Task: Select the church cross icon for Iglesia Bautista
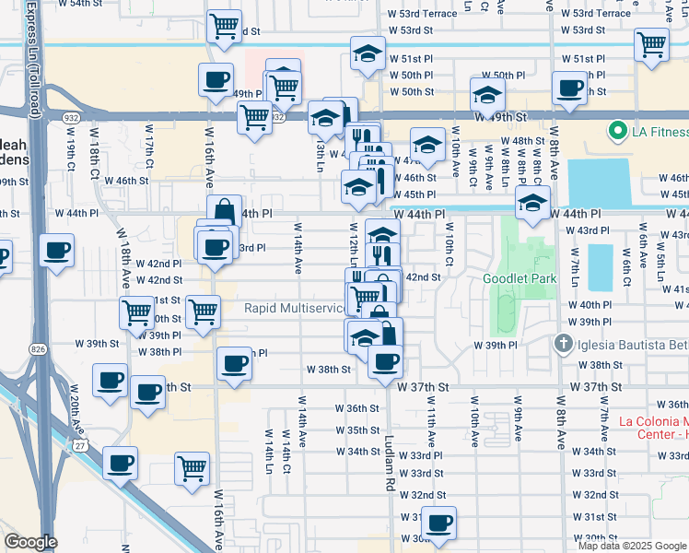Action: (x=564, y=344)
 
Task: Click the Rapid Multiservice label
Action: (x=294, y=308)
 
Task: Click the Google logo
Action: (x=31, y=542)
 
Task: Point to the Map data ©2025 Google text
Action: (x=631, y=546)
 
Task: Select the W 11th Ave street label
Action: (x=430, y=414)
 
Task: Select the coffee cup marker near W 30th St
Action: (x=439, y=524)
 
